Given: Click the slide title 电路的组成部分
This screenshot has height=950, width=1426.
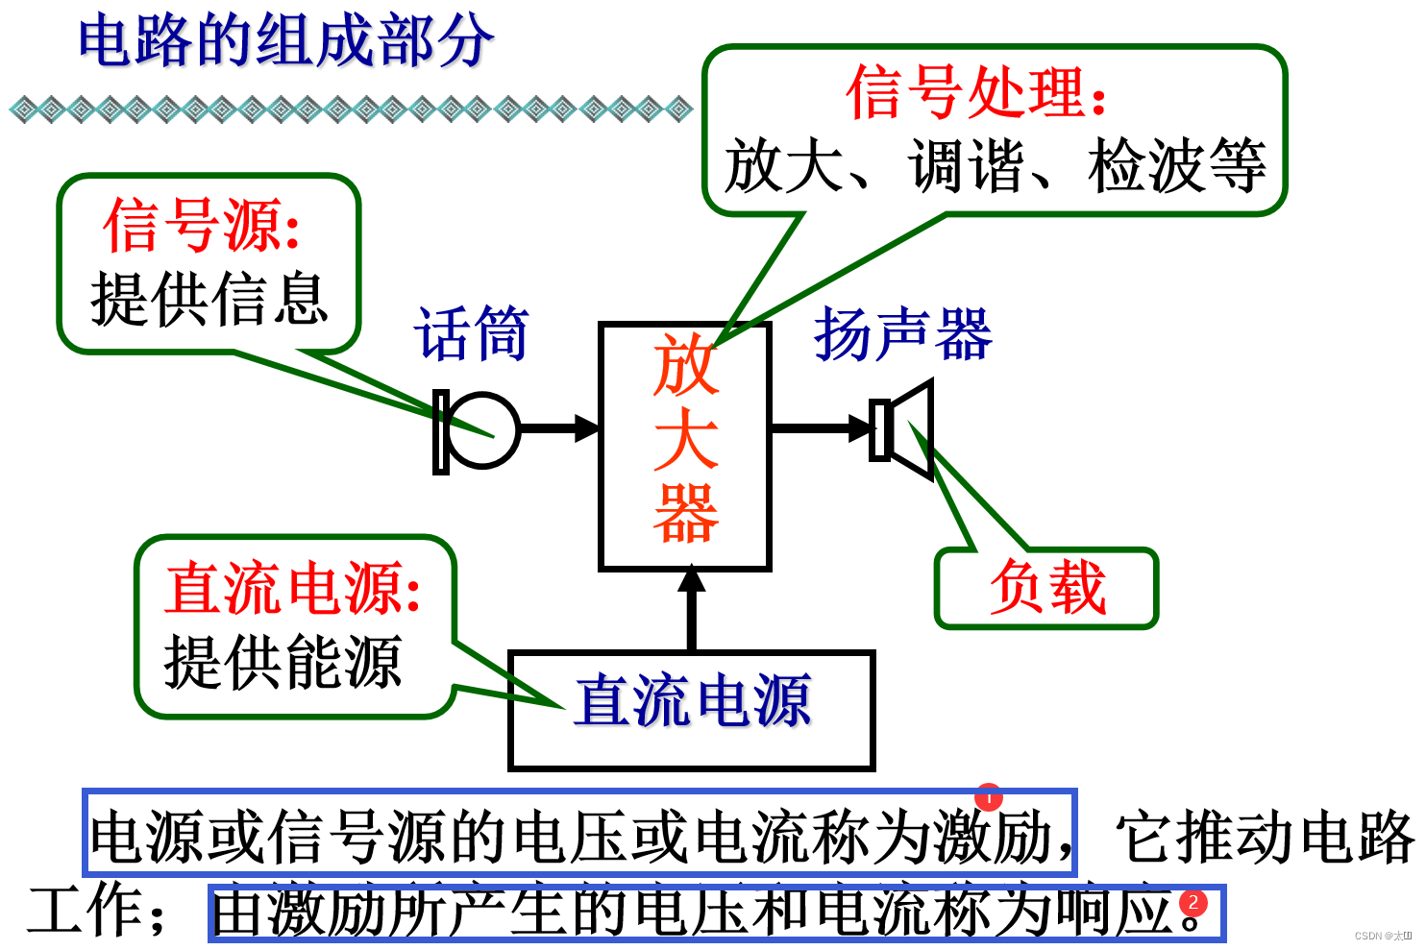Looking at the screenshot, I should point(285,42).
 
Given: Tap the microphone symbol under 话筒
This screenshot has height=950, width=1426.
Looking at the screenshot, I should point(479,430).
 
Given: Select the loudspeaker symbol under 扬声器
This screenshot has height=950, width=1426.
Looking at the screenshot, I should point(902,429).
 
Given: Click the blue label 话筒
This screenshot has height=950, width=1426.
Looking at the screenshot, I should point(472,334).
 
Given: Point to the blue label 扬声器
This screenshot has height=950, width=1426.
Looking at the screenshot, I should point(902,334).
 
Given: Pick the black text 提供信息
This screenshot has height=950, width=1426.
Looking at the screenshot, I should point(209,298).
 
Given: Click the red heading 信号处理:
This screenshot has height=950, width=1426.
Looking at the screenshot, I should point(976,93).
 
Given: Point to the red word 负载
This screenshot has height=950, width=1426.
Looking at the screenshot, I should point(1047,587).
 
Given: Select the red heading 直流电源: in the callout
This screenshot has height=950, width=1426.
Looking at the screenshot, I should point(293,587).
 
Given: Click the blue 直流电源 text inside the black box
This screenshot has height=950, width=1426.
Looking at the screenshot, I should point(692,701).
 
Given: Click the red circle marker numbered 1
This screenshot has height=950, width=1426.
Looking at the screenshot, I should point(988,796).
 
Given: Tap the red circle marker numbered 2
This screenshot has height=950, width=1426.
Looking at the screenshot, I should point(1192,903).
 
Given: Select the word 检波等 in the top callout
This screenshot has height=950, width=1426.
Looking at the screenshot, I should point(1177,165).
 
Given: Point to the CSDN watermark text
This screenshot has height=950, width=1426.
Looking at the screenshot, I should point(1383,935).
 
